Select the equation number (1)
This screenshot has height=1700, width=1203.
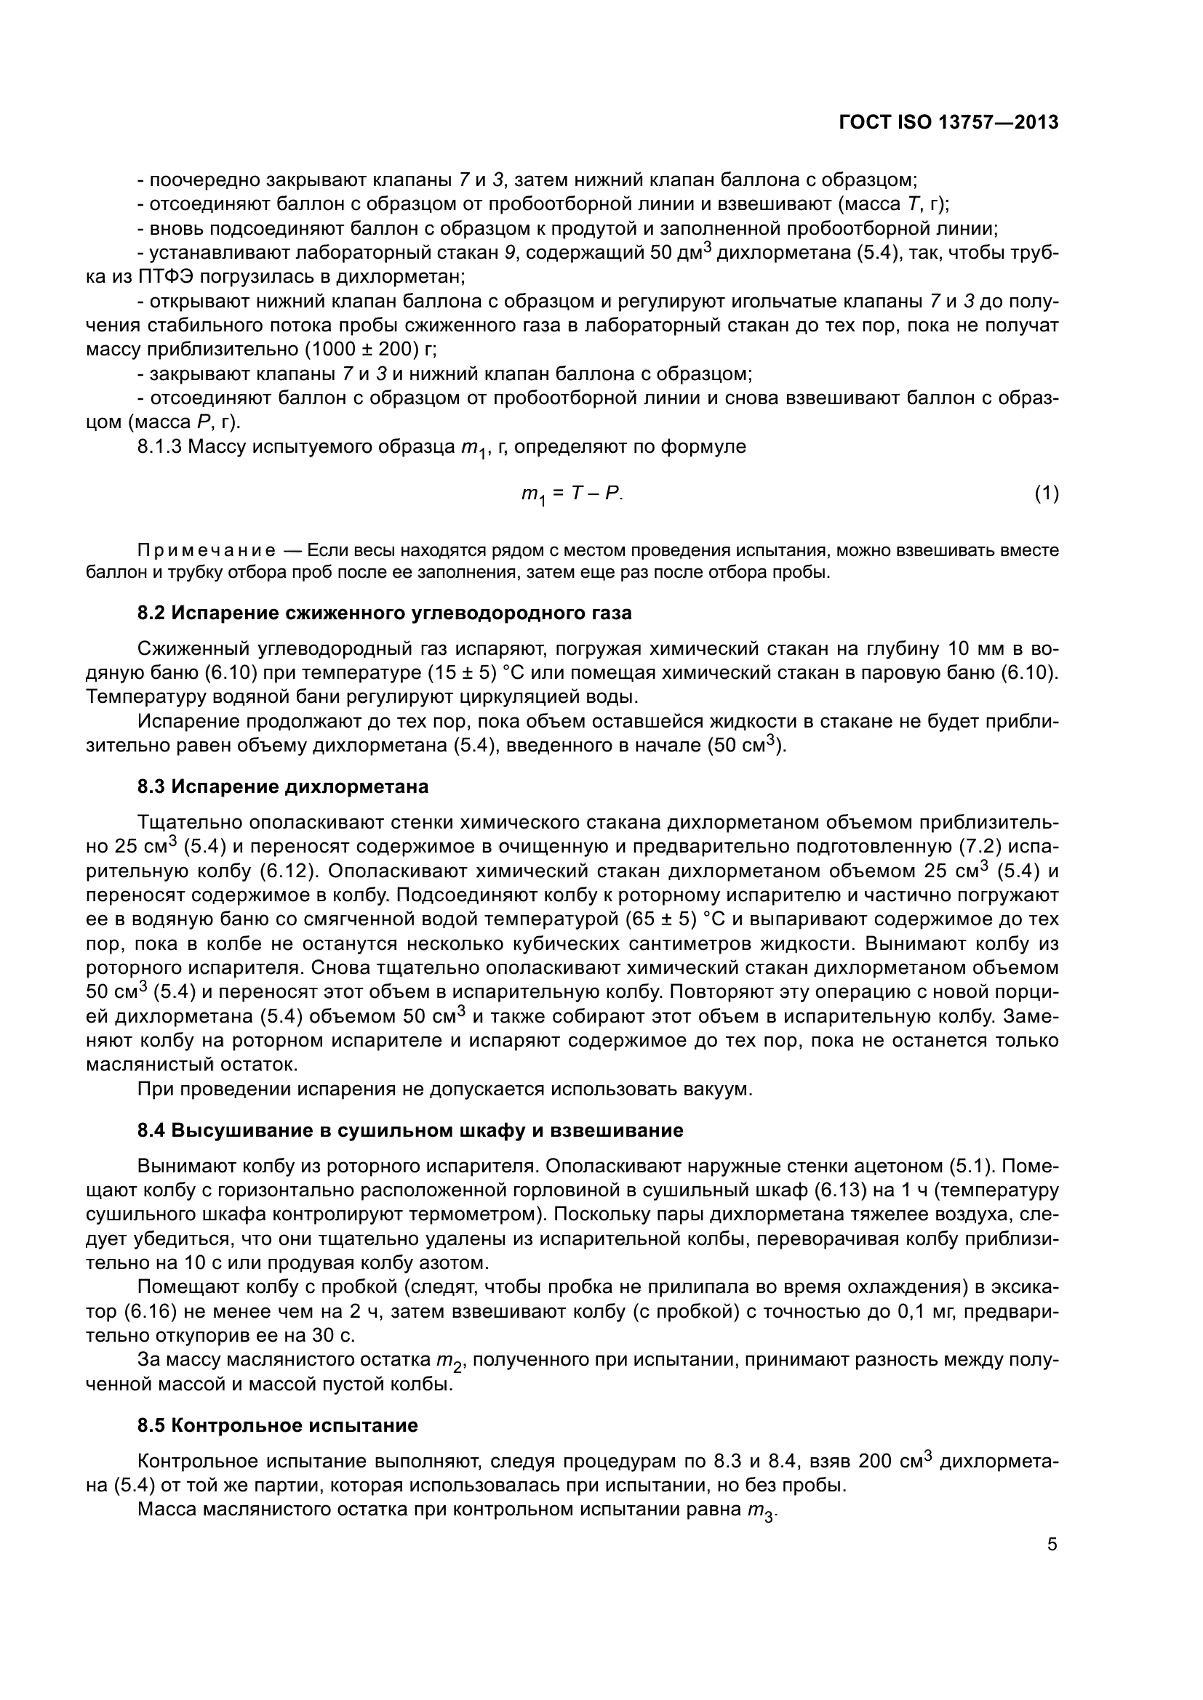[1046, 493]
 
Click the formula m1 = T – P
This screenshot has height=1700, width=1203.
[572, 495]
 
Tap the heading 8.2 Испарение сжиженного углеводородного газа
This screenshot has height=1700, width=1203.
[385, 613]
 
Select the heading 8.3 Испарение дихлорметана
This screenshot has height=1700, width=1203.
[283, 787]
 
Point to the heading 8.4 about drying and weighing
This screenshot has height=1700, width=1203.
[409, 1131]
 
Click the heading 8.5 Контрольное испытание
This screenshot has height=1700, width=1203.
[278, 1425]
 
